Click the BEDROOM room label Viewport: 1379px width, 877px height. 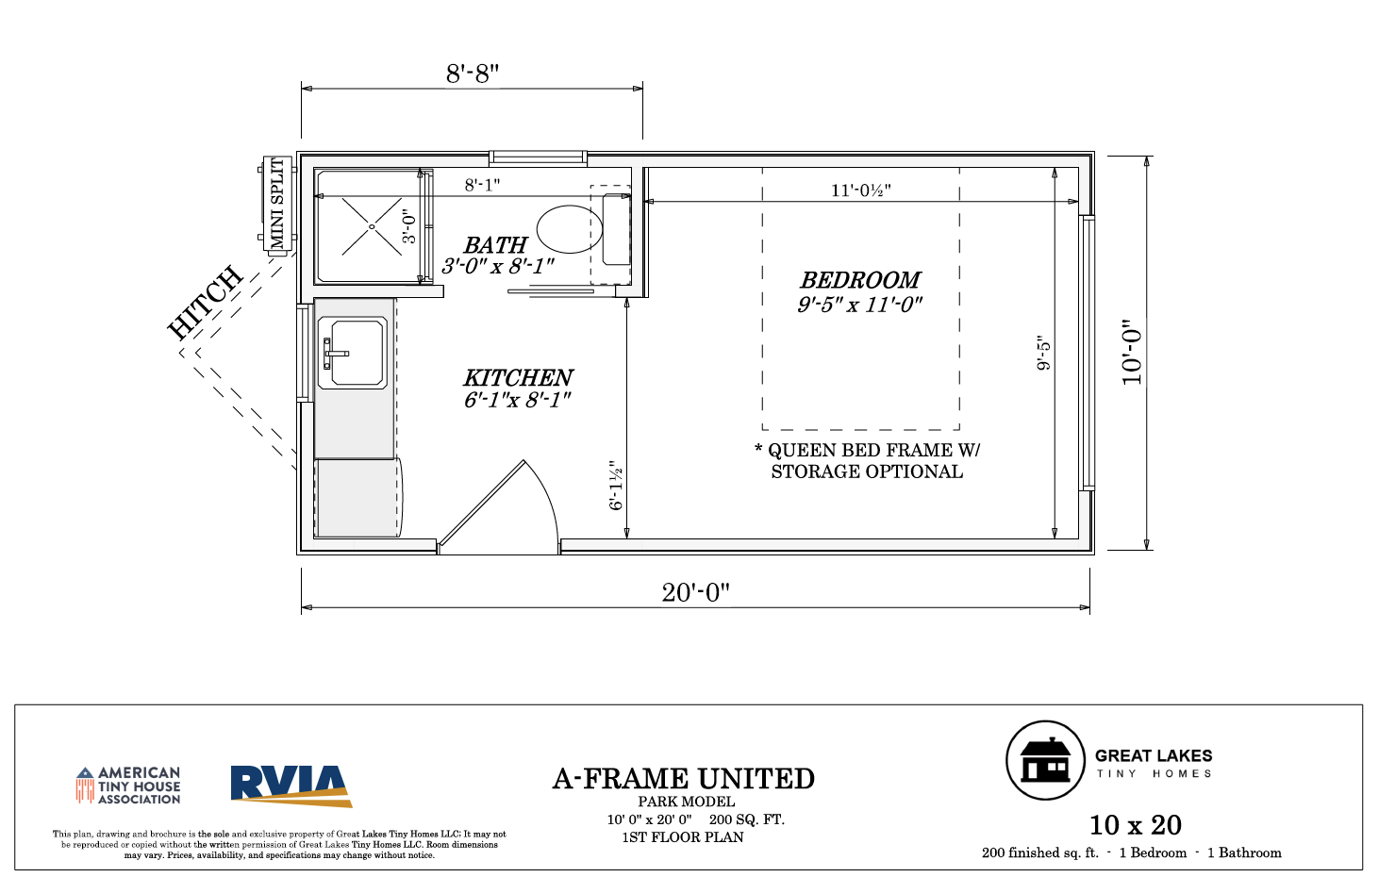click(x=860, y=281)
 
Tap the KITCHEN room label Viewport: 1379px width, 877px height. click(x=518, y=377)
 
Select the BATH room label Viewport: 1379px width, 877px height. click(x=495, y=245)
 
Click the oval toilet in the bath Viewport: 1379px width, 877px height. click(x=569, y=229)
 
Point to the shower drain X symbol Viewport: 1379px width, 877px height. click(x=372, y=226)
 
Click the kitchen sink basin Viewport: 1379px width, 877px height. click(x=359, y=353)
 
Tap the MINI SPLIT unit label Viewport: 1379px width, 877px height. click(x=277, y=203)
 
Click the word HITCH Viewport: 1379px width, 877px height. click(x=206, y=302)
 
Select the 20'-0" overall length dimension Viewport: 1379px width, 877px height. click(x=695, y=592)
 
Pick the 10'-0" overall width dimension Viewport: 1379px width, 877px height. click(x=1132, y=352)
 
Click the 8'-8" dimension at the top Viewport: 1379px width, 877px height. click(x=473, y=74)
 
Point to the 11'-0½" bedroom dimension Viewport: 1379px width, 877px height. click(x=860, y=190)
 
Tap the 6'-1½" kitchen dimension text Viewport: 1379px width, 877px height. click(x=616, y=485)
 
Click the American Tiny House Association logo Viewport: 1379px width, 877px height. click(x=128, y=786)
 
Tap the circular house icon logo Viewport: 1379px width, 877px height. click(x=1045, y=760)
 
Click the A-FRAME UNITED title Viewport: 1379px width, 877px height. click(x=683, y=779)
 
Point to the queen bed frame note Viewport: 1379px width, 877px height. click(x=867, y=461)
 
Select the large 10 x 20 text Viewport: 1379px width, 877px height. click(x=1136, y=825)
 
